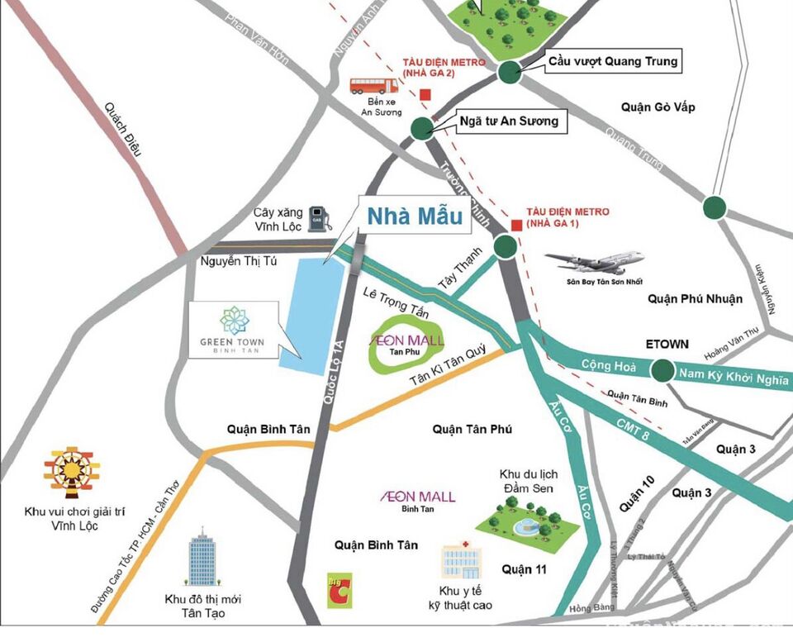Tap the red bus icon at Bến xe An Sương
(374, 86)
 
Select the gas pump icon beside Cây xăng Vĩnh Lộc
(319, 219)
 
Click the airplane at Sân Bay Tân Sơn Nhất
(595, 262)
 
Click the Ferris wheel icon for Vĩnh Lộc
(71, 474)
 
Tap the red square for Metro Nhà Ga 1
(516, 225)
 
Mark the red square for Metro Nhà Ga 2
(425, 94)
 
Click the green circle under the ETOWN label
(662, 371)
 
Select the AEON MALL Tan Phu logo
(406, 345)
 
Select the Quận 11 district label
(525, 569)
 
